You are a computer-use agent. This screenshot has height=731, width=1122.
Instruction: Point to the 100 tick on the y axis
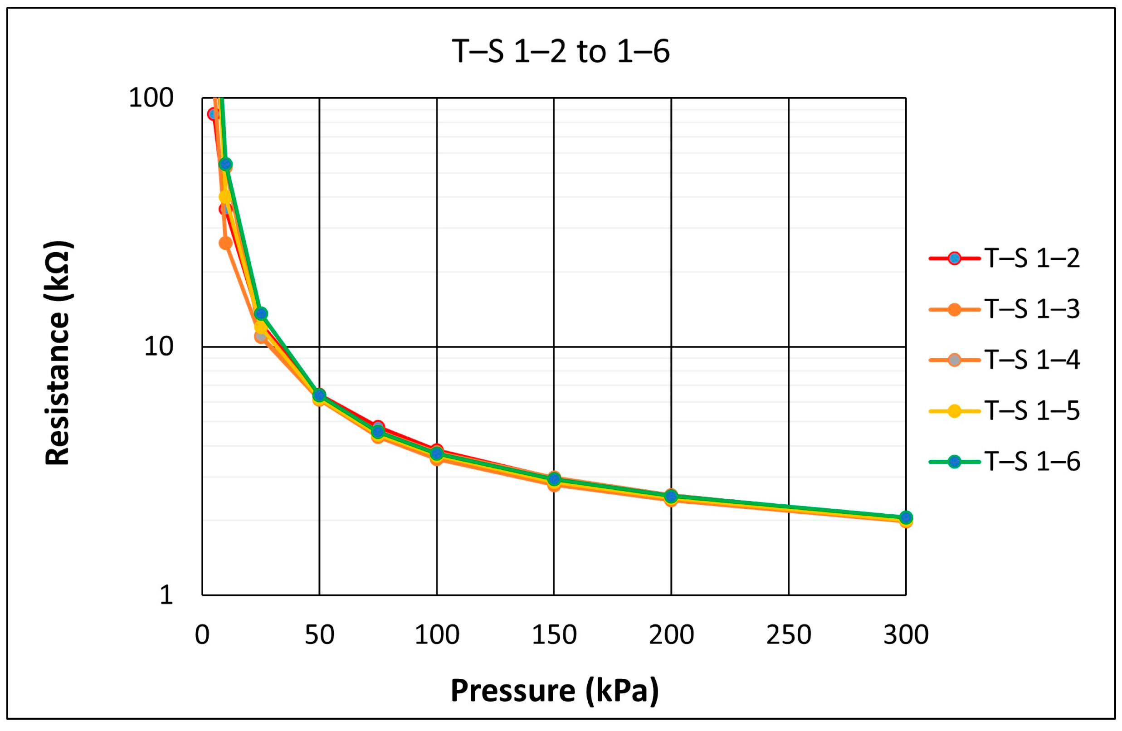tap(151, 98)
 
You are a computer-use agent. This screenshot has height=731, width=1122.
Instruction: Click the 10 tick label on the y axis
tap(158, 346)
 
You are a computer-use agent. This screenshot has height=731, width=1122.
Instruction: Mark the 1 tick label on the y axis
tap(166, 595)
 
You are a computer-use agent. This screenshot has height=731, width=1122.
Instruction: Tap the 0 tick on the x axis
tap(202, 635)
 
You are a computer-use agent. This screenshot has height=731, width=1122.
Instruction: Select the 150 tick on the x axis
tap(554, 635)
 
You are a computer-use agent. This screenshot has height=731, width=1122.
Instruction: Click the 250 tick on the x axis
tap(789, 635)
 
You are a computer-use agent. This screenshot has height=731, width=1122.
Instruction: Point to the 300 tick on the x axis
tap(906, 635)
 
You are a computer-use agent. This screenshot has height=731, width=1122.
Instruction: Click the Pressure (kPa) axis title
tap(554, 691)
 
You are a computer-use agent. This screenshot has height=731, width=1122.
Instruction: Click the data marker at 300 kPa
tap(906, 517)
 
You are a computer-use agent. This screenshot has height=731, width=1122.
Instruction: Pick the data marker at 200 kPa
tap(671, 496)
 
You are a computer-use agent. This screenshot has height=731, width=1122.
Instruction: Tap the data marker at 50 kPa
tap(319, 395)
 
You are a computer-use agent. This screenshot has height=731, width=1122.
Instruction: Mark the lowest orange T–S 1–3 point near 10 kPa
tap(226, 243)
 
